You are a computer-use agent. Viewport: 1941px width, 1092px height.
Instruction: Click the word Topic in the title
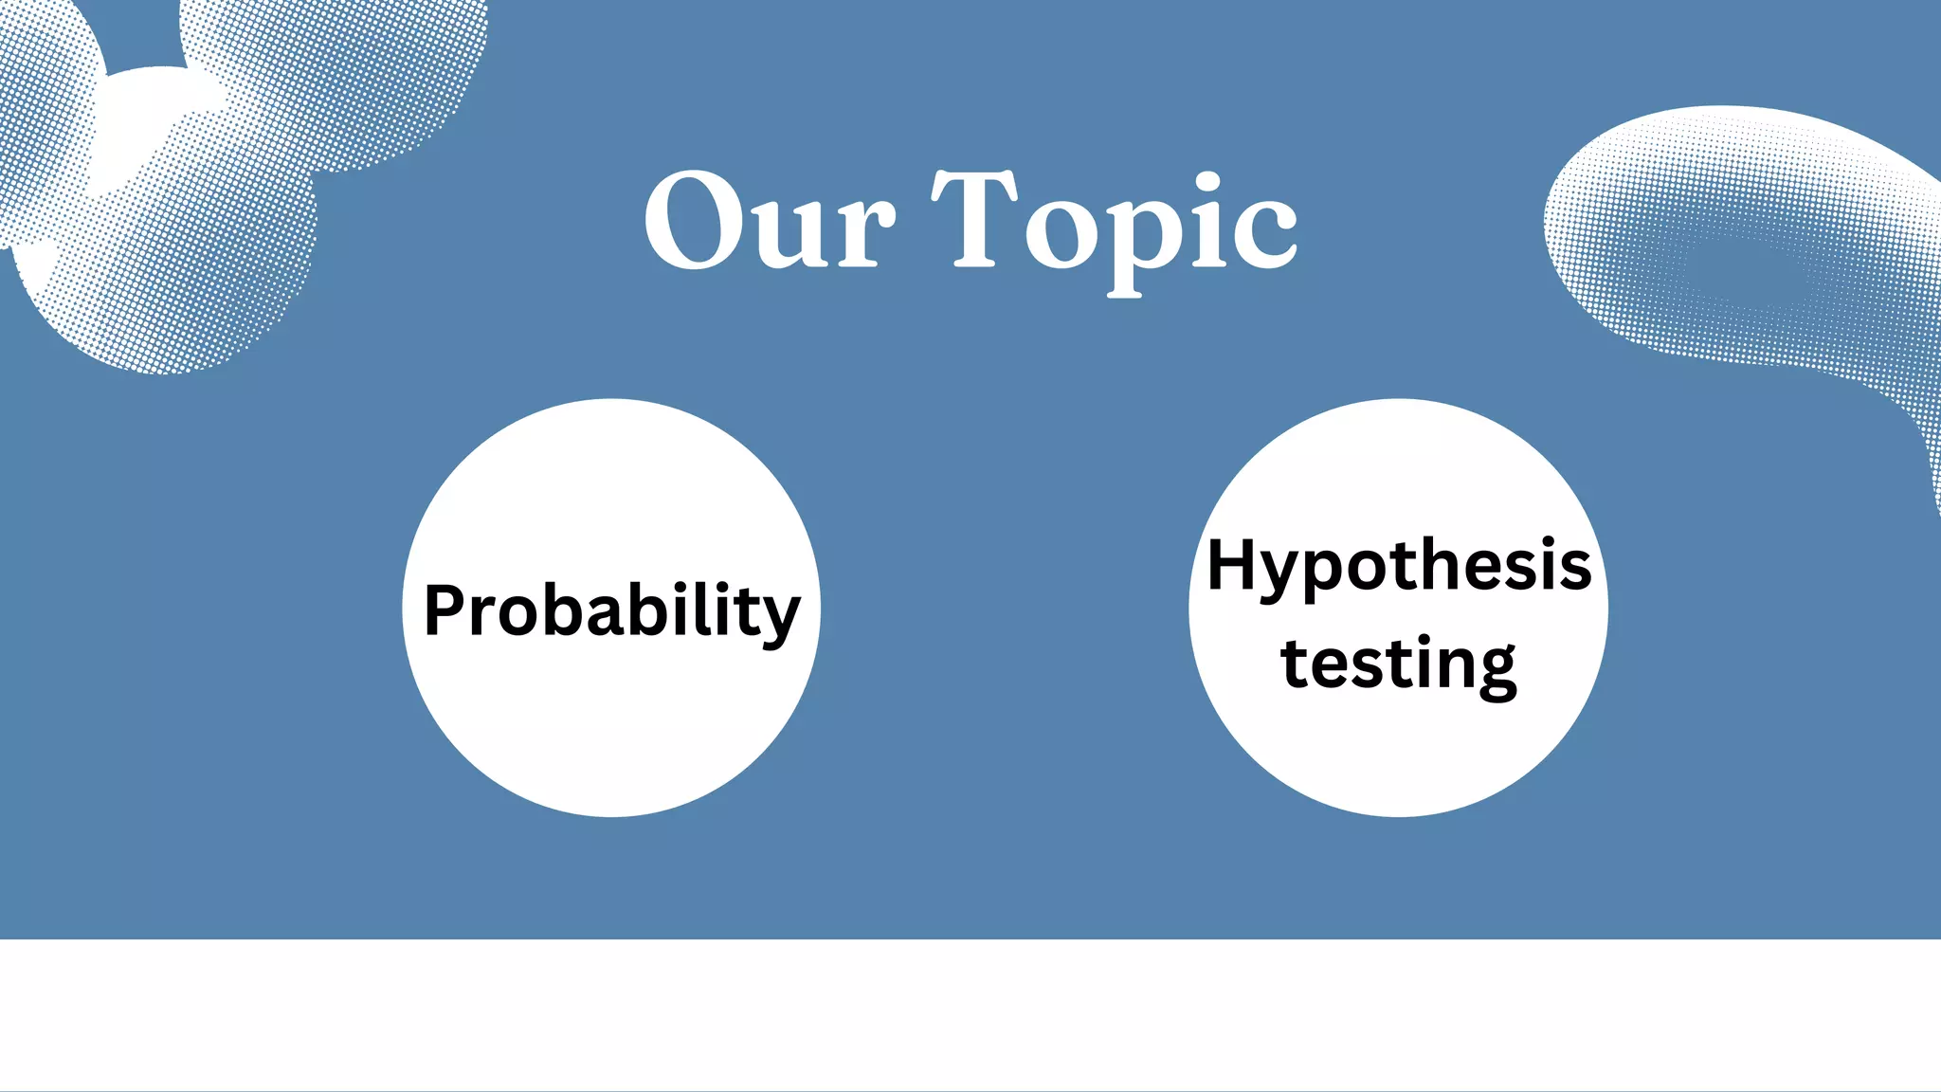tap(1115, 227)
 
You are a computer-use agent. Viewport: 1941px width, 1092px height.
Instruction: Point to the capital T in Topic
tap(973, 220)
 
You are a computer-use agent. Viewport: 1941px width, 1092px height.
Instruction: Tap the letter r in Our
tap(868, 232)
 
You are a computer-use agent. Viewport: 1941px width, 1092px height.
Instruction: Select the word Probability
tap(612, 610)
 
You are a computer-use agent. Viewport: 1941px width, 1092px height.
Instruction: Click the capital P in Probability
tap(447, 610)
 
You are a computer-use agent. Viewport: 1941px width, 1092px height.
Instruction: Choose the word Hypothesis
tap(1399, 567)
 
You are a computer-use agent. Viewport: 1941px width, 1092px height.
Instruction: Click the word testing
tap(1399, 665)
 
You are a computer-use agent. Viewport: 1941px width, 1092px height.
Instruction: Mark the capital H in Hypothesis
tap(1233, 565)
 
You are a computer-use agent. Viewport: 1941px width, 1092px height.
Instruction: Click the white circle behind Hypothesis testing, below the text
tap(1399, 758)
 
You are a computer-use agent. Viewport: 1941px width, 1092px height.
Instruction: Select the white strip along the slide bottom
tap(970, 1014)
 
